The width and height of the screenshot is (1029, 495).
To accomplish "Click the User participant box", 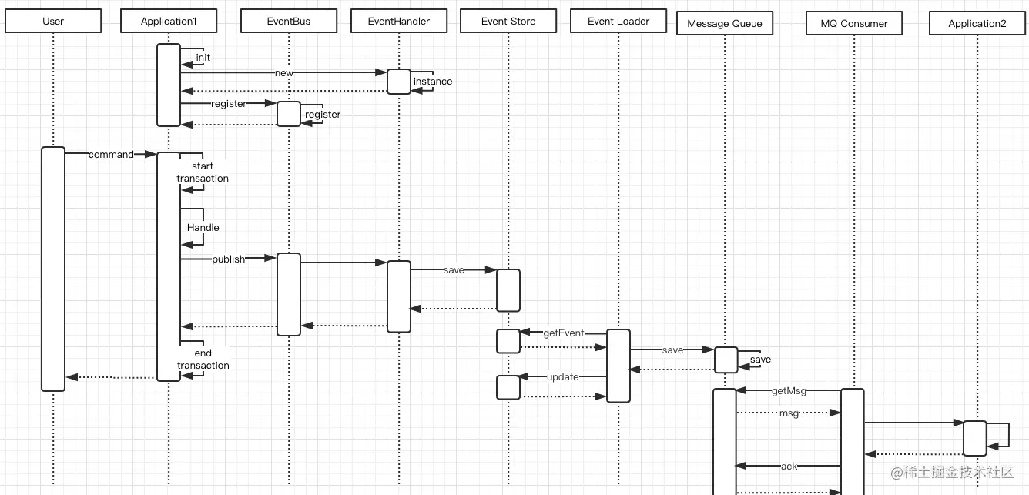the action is point(53,21).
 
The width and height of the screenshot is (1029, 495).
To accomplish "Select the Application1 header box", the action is point(169,21).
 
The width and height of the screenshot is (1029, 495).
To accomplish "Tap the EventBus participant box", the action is point(289,21).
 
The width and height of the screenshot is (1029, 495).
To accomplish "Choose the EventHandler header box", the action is point(399,21).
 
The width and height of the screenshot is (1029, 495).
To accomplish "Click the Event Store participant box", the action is point(508,21).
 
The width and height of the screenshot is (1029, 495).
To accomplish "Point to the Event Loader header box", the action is point(618,21).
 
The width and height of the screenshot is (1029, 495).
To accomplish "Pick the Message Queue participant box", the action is point(725,23).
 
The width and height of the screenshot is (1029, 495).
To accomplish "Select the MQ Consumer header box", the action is point(854,23).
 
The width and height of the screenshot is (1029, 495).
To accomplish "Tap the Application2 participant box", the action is point(977,23).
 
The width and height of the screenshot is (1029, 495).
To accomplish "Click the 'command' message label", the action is point(111,154).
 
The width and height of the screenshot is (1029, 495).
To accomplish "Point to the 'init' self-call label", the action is point(203,58).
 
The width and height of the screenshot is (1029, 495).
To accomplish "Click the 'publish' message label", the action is point(228,259).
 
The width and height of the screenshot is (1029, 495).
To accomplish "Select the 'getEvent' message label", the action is point(564,333).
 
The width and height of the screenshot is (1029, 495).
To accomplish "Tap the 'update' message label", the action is point(563,377).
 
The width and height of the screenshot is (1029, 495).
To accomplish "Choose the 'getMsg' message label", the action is point(789,391).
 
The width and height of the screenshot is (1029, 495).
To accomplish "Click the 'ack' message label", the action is point(789,466).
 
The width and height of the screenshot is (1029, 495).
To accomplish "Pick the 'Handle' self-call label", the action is point(203,227).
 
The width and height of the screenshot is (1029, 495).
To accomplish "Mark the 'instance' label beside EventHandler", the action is point(433,82).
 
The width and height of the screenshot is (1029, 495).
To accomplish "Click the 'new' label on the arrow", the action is point(284,72).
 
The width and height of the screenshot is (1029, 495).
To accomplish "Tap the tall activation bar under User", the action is point(53,269).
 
